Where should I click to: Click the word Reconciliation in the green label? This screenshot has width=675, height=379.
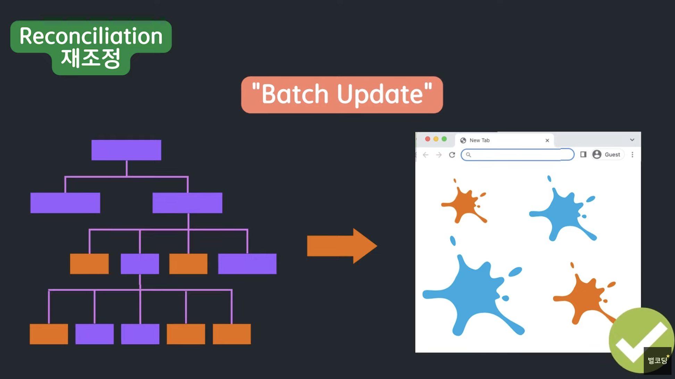pos(91,36)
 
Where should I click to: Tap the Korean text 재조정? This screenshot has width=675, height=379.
pos(91,58)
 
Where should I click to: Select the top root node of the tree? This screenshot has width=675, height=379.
pos(126,150)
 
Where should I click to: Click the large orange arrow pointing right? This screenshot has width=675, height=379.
pos(342,246)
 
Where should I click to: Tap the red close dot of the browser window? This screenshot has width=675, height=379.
pos(427,139)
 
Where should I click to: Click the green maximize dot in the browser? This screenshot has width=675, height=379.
pos(444,139)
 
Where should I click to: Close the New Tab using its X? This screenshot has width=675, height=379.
pos(547,140)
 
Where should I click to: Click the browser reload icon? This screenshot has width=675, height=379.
pos(452,155)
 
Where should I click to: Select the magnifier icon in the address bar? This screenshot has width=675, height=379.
pos(468,155)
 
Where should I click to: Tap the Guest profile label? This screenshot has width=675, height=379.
pos(612,154)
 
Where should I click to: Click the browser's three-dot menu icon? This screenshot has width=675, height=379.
pos(632,154)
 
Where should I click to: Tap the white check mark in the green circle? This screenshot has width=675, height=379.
pos(641,342)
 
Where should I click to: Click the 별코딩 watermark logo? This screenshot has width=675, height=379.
pos(658,360)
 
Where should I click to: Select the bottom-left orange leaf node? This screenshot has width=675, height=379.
pos(49,334)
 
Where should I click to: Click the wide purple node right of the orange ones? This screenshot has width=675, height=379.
pos(247,264)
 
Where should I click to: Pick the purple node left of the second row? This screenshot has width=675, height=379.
pos(65,203)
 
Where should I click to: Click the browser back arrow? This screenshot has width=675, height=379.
pos(426,155)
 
